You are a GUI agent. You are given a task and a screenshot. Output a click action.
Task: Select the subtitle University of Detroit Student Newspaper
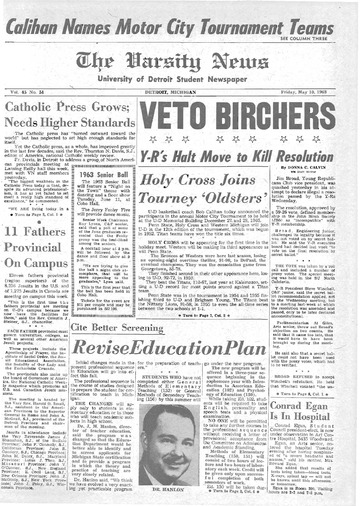click(x=180, y=68)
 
